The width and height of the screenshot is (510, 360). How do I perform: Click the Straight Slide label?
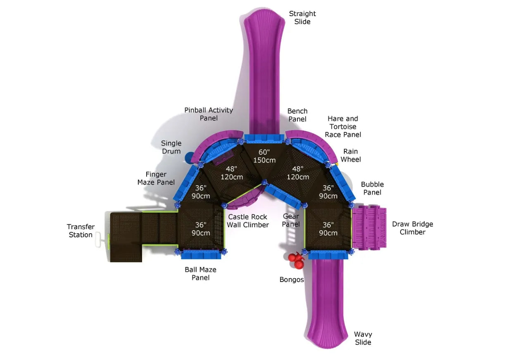click(302, 18)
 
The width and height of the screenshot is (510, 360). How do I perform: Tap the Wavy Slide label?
click(363, 338)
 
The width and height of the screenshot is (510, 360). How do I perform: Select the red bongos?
click(296, 260)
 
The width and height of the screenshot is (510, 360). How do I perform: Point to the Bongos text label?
click(292, 279)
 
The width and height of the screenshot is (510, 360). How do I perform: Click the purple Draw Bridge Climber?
click(370, 227)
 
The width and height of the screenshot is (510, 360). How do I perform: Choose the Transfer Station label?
click(81, 231)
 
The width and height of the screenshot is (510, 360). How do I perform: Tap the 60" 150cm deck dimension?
click(264, 156)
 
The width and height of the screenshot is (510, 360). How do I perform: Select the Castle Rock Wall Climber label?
click(248, 221)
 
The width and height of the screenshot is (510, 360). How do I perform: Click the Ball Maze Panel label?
click(200, 274)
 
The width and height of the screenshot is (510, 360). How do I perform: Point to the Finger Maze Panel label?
click(156, 178)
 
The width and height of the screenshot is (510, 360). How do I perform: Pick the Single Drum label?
click(171, 147)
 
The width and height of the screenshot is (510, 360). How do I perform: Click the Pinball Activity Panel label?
click(209, 114)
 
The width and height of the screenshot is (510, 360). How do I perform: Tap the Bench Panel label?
click(297, 115)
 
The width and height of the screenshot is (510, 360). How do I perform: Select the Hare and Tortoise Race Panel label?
click(343, 126)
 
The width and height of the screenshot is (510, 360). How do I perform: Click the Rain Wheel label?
click(351, 155)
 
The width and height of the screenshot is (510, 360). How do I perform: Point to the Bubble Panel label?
click(372, 188)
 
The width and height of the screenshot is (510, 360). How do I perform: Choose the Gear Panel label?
click(291, 220)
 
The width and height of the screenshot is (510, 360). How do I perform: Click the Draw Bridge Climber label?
click(413, 228)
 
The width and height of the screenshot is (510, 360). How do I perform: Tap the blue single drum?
click(189, 157)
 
